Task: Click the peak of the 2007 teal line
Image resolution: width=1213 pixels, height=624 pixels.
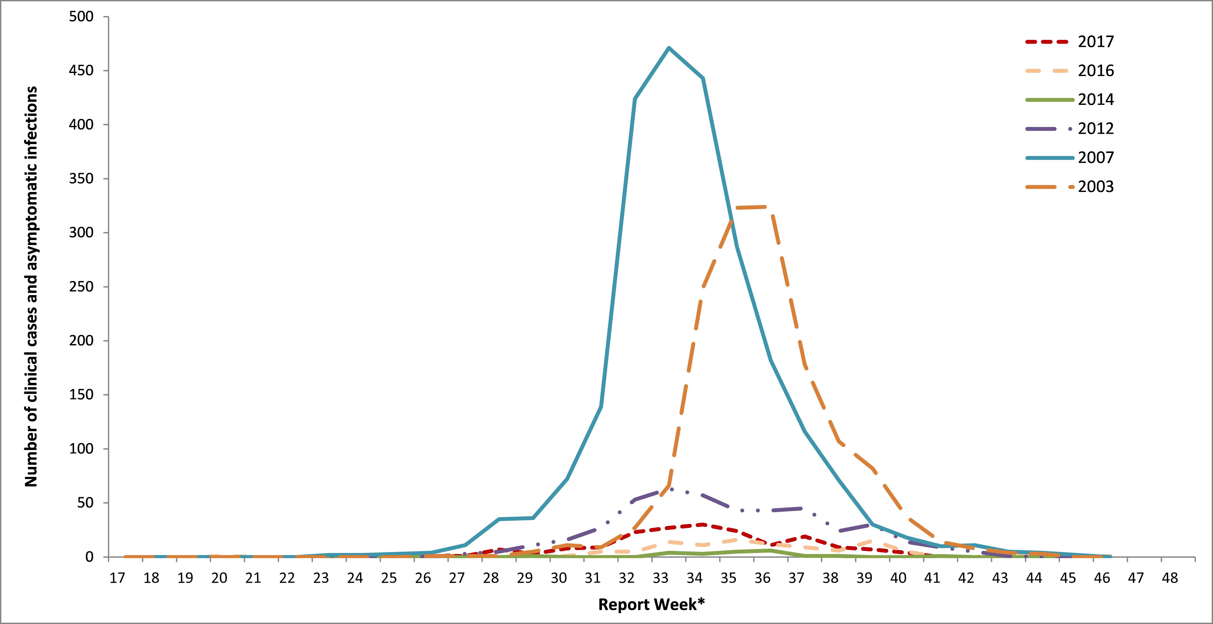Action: click(x=669, y=48)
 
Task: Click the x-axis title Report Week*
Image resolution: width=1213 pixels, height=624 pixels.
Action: click(x=651, y=605)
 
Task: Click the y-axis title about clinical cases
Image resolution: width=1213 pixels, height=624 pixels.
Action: click(x=31, y=286)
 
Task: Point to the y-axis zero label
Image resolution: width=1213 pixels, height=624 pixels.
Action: click(x=89, y=557)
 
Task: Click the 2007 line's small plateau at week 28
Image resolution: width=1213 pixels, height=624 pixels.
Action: click(x=499, y=519)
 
